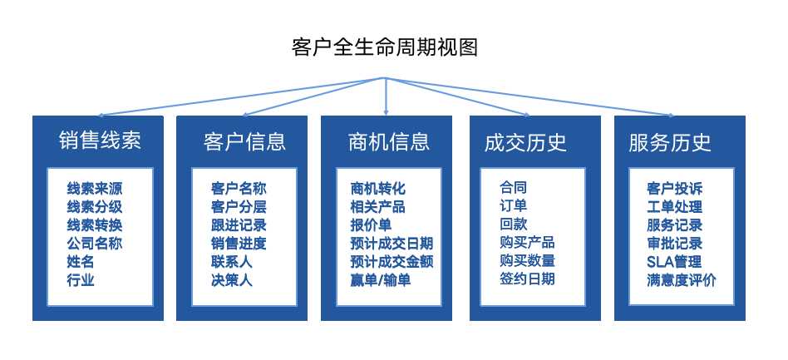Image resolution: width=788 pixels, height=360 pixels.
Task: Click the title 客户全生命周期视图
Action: [385, 47]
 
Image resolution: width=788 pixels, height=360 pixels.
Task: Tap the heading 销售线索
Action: [100, 141]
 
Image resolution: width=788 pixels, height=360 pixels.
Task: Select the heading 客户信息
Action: [244, 142]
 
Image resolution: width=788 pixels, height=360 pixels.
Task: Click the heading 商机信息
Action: [389, 141]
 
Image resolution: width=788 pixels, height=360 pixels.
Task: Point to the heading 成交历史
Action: [525, 142]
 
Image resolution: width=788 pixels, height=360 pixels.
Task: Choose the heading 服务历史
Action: [670, 142]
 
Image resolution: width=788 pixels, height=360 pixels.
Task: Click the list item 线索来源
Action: [95, 189]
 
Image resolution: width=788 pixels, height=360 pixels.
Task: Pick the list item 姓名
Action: [81, 261]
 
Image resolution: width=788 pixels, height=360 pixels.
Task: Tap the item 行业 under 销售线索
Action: [81, 279]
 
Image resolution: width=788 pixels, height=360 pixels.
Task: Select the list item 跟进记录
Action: [239, 224]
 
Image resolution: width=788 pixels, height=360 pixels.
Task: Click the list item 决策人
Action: [232, 279]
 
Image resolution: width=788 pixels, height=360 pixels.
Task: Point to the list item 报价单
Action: [371, 224]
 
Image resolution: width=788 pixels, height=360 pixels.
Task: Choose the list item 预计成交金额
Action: [392, 261]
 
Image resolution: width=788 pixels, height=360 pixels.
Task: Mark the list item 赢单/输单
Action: [381, 279]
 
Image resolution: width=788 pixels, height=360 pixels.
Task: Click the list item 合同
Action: [513, 188]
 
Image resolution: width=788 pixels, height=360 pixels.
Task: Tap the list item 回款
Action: [513, 224]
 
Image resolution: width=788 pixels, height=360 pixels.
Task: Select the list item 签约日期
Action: [527, 279]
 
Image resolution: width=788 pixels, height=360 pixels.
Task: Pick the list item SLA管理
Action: [674, 261]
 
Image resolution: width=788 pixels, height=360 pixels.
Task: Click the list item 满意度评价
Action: [682, 279]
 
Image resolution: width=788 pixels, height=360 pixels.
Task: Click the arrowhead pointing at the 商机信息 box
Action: [386, 112]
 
